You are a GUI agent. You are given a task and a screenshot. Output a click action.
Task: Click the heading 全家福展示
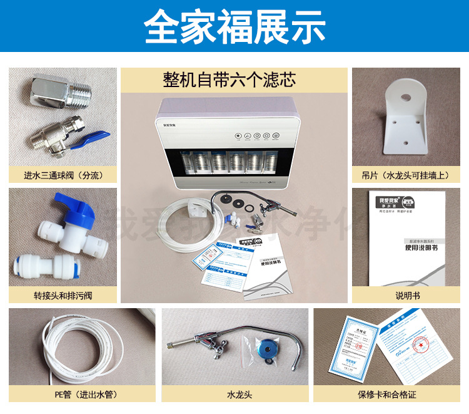tap(234, 26)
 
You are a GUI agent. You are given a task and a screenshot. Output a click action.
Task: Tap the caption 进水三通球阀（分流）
tap(63, 175)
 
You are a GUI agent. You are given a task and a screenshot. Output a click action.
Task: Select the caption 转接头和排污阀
tap(63, 295)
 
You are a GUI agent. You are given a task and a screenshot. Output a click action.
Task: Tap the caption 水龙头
tap(234, 394)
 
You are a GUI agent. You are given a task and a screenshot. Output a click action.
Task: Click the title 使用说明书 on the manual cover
tap(409, 247)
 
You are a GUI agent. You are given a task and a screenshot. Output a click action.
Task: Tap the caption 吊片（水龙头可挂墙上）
tap(403, 175)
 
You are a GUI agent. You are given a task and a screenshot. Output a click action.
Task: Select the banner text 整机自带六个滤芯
tap(234, 80)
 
